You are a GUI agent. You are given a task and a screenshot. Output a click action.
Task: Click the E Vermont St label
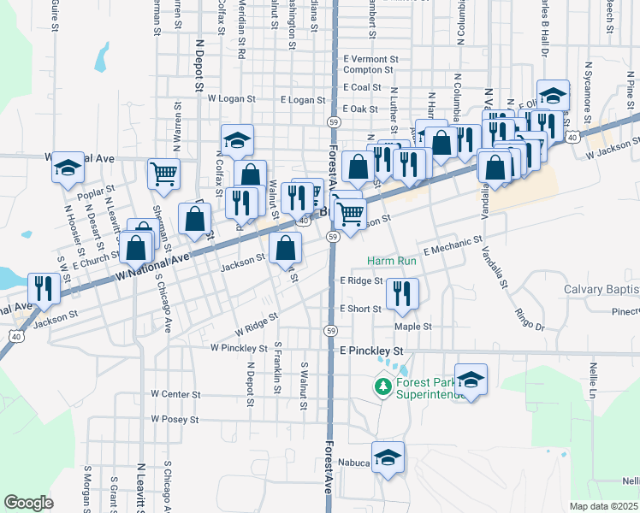pos(370,59)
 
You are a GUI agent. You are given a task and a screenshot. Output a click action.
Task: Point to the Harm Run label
pos(391,260)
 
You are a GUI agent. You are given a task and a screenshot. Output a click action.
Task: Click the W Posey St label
pos(175,420)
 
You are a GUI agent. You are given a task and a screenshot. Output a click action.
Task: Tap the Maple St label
pos(412,326)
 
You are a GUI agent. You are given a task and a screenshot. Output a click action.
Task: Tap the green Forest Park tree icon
pos(382,387)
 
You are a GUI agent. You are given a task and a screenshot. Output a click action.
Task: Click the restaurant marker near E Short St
pos(401,292)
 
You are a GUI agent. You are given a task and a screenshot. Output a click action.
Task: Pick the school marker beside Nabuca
pos(388,456)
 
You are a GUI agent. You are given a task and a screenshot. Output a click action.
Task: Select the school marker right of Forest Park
pos(471,378)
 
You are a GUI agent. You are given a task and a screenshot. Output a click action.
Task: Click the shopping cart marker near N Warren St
pos(163,174)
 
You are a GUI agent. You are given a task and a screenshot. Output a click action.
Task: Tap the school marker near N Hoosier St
pos(67,168)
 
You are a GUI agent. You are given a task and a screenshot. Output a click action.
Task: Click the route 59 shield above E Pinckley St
pos(330,329)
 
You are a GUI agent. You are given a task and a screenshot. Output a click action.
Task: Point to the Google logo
pos(29,503)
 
